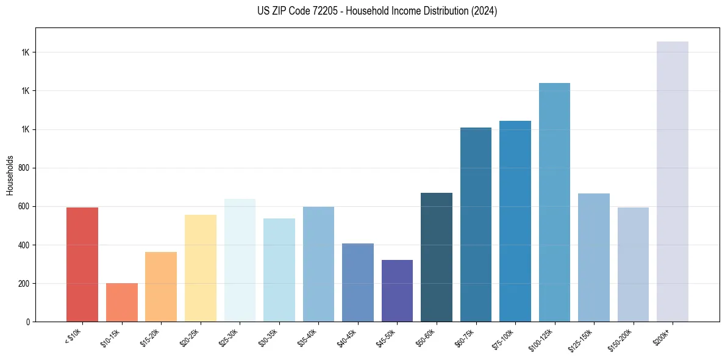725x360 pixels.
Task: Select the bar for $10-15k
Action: pyautogui.click(x=122, y=302)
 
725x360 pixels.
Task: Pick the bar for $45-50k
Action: pyautogui.click(x=397, y=290)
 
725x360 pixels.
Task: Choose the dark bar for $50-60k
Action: pyautogui.click(x=437, y=257)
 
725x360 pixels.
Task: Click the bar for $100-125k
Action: pyautogui.click(x=554, y=202)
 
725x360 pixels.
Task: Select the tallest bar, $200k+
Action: pyautogui.click(x=673, y=181)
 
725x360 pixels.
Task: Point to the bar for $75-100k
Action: pyautogui.click(x=515, y=221)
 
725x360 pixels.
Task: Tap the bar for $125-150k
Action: pyautogui.click(x=594, y=257)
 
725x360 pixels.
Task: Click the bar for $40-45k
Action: pyautogui.click(x=358, y=283)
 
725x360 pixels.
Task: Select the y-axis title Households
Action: pyautogui.click(x=10, y=175)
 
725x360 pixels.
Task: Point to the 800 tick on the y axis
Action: pyautogui.click(x=25, y=168)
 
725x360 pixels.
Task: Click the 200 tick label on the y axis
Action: pyautogui.click(x=25, y=284)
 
